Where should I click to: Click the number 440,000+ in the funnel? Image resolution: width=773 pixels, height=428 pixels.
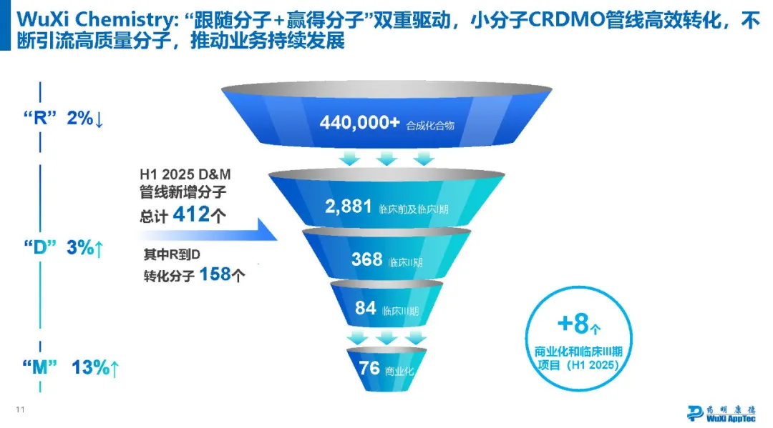pos(359,122)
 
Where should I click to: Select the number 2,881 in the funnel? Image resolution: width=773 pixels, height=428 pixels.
pos(348,206)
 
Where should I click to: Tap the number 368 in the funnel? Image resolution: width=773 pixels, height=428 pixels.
pos(366,259)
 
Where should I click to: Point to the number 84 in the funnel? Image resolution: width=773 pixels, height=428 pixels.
pos(365,308)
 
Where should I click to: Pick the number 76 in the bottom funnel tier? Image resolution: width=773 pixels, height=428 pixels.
pos(369,368)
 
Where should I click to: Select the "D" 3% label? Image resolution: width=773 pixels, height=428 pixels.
pos(64,247)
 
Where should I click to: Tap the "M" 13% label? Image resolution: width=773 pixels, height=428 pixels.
pos(71,367)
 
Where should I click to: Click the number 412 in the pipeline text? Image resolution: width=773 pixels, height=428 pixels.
pos(191,214)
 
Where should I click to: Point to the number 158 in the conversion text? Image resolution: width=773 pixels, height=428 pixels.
pos(215,274)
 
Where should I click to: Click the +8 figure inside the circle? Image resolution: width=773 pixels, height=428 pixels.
pos(573,323)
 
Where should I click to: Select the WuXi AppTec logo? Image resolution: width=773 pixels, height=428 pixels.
pos(721,413)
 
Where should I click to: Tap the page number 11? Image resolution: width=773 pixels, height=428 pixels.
pos(20,409)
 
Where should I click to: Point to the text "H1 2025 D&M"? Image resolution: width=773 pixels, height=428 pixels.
pos(185,174)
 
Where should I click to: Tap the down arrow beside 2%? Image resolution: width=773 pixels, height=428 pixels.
pos(99,119)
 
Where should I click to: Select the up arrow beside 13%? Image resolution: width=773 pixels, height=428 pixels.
pos(115,369)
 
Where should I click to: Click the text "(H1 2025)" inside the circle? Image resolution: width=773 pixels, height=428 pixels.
pos(592,365)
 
